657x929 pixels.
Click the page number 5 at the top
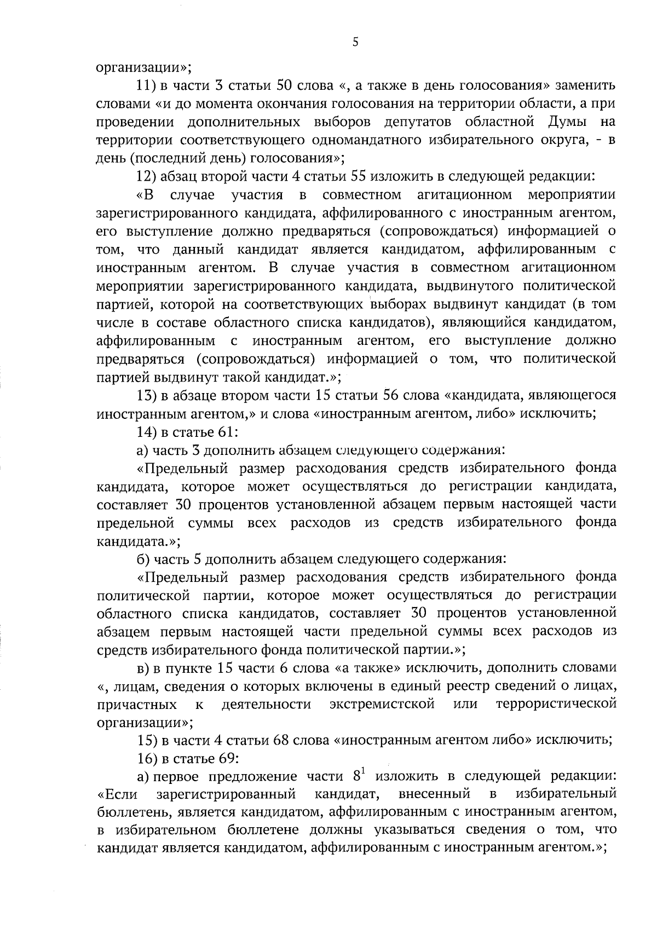click(x=355, y=43)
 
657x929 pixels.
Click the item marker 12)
click(x=148, y=177)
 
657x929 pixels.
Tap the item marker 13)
click(x=148, y=395)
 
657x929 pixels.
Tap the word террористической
click(x=556, y=704)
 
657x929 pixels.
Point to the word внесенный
click(x=434, y=794)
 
